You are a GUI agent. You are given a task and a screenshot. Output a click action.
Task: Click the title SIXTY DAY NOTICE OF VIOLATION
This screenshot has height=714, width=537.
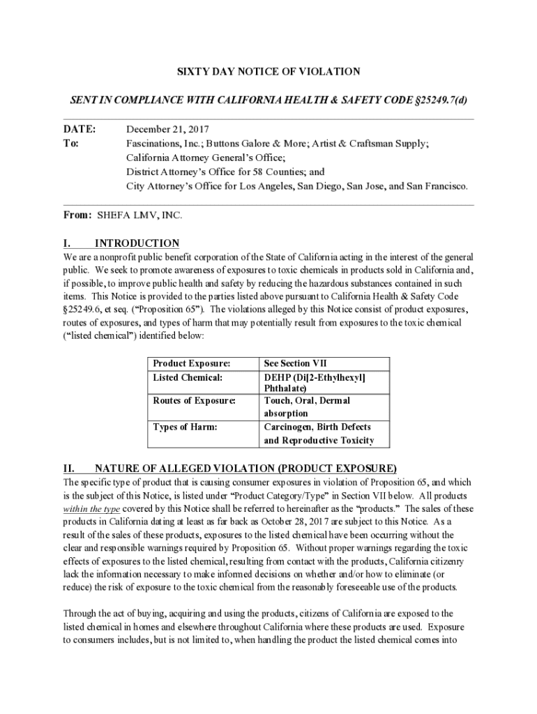click(x=268, y=71)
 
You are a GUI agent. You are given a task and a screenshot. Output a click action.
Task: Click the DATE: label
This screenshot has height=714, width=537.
click(x=79, y=130)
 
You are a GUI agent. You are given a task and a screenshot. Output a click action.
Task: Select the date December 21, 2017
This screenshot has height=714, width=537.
click(x=167, y=130)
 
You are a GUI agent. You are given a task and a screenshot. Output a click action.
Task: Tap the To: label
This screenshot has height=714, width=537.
click(x=71, y=144)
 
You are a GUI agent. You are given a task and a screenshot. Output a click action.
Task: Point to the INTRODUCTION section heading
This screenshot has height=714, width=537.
click(x=137, y=243)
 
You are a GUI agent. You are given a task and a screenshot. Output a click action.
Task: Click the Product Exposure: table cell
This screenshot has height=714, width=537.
click(x=191, y=363)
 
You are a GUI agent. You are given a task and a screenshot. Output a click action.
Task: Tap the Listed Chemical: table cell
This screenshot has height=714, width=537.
click(x=188, y=377)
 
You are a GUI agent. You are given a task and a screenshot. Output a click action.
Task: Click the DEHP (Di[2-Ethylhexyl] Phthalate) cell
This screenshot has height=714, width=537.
click(x=314, y=383)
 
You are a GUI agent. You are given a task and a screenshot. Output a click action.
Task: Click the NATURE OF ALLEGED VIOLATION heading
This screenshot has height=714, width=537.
click(x=245, y=468)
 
